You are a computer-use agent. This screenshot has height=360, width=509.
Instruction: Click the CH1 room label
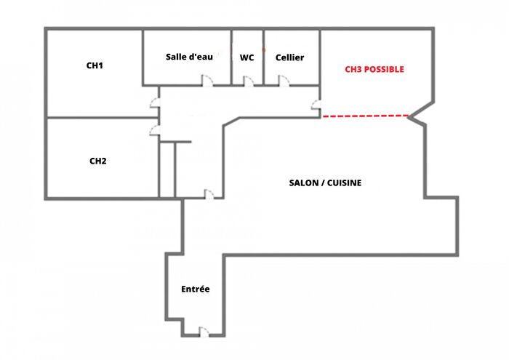pyautogui.click(x=95, y=65)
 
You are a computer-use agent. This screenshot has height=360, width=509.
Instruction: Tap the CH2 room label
pyautogui.click(x=98, y=161)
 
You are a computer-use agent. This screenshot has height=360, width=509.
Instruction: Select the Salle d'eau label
pyautogui.click(x=189, y=57)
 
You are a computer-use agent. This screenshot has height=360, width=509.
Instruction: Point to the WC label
pyautogui.click(x=247, y=57)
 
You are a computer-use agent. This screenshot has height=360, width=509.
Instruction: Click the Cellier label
pyautogui.click(x=289, y=57)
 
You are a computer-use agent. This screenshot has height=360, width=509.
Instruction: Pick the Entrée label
pyautogui.click(x=195, y=289)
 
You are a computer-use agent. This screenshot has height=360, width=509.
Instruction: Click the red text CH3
pyautogui.click(x=352, y=70)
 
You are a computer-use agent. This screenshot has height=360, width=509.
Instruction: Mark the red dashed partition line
pyautogui.click(x=365, y=116)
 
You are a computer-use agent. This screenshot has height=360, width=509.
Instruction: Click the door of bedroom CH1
pyautogui.click(x=154, y=103)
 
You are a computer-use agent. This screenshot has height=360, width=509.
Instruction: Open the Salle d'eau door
pyautogui.click(x=207, y=81)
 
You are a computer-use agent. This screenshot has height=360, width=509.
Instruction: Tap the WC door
pyautogui.click(x=247, y=81)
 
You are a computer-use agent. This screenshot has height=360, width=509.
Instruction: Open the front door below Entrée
pyautogui.click(x=204, y=332)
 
